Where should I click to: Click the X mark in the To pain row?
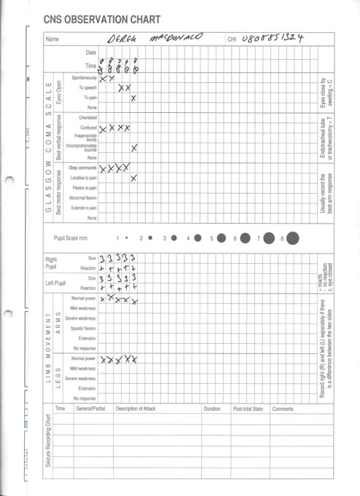tap(133, 98)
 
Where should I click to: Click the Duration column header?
tap(212, 409)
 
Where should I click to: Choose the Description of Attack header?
tap(136, 409)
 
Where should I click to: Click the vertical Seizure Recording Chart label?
tap(49, 441)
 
